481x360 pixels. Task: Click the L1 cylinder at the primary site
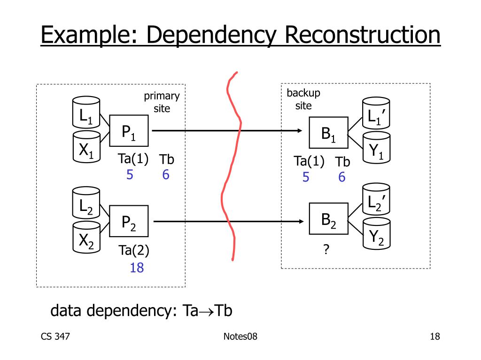click(86, 112)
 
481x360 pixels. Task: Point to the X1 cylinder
click(86, 147)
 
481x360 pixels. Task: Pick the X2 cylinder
click(86, 237)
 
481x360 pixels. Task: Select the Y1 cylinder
click(376, 148)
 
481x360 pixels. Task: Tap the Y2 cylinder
click(376, 233)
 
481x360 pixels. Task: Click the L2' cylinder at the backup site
click(376, 199)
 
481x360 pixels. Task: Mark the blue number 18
click(137, 268)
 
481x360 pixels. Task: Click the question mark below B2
click(326, 249)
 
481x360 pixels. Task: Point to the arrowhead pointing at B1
click(300, 131)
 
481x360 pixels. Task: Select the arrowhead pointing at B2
click(301, 221)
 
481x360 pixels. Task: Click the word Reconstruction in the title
click(363, 35)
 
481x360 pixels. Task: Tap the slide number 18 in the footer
click(435, 337)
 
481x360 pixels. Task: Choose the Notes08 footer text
click(240, 337)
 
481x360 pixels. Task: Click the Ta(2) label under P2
click(134, 250)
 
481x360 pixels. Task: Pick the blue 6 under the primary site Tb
click(166, 175)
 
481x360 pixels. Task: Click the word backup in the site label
click(303, 93)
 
